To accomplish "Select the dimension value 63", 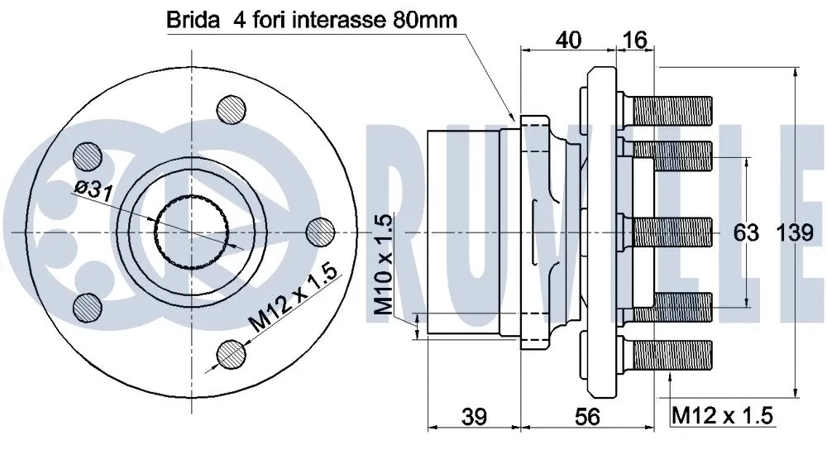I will point(747,234).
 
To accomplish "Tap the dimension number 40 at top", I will point(567,39).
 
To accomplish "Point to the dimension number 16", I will point(635,39).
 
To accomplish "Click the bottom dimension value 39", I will point(473,418).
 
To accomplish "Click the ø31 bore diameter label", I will point(93,190).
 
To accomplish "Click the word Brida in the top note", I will point(189,20).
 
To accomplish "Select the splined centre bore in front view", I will point(189,233).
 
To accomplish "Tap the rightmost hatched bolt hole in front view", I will point(319,232).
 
